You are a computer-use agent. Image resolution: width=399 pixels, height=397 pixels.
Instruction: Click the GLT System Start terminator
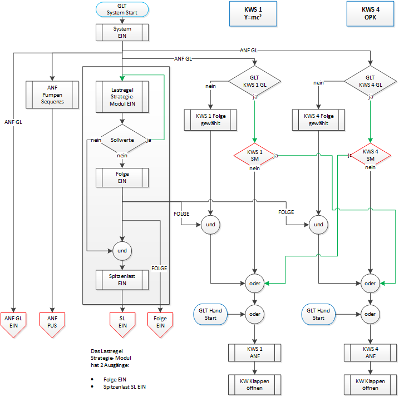click(x=122, y=9)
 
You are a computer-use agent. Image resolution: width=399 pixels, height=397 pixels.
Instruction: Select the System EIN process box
click(x=122, y=32)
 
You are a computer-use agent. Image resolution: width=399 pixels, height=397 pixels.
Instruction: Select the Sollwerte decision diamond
click(x=122, y=141)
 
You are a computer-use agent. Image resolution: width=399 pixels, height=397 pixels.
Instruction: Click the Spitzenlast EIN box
click(x=122, y=279)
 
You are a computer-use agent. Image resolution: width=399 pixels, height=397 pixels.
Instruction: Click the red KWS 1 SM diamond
click(x=254, y=155)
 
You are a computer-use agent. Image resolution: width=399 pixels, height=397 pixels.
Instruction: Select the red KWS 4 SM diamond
click(x=370, y=155)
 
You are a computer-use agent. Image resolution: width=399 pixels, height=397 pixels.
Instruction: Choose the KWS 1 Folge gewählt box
click(x=211, y=119)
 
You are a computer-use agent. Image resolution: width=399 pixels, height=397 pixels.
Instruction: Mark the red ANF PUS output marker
click(x=52, y=322)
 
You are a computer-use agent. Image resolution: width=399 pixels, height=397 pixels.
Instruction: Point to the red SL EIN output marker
click(x=122, y=322)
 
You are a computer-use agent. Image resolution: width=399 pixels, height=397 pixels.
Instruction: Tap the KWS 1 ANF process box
click(x=254, y=353)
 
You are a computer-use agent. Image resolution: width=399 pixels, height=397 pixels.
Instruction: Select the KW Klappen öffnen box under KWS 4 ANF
click(x=370, y=384)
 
